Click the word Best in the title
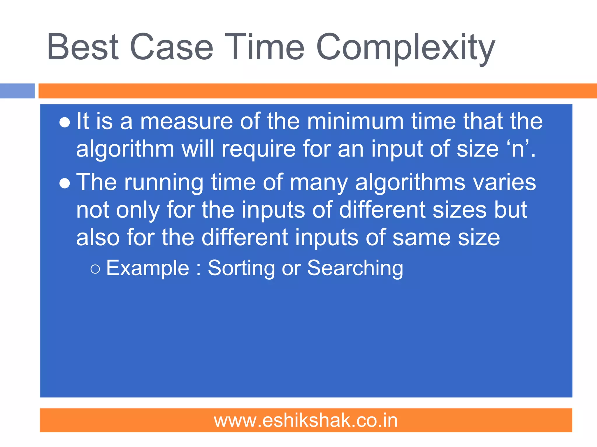coord(83,47)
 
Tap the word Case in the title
coord(171,47)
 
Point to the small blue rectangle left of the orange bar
coord(17,91)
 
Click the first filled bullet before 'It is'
coord(64,123)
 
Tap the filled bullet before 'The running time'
coord(64,184)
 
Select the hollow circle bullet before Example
coord(95,269)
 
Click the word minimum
coord(355,121)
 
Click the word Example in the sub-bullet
coord(148,268)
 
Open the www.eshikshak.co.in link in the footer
coord(306,421)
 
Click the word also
coord(98,237)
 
